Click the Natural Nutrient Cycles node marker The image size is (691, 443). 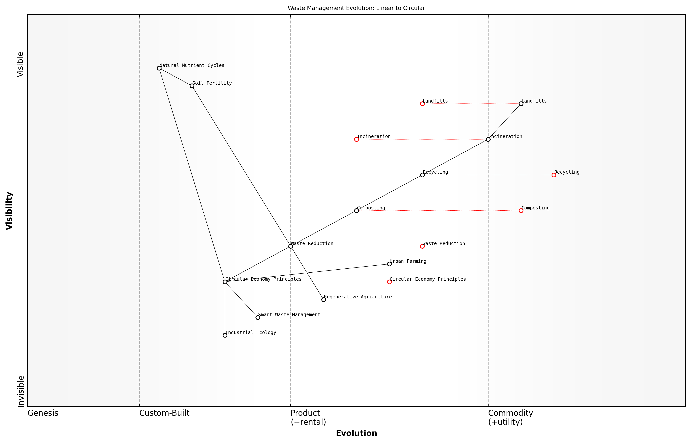point(159,68)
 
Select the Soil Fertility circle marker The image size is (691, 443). point(192,86)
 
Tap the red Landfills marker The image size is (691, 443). point(422,104)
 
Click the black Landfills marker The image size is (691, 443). point(521,104)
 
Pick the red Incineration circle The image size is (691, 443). point(356,139)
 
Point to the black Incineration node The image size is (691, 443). point(488,139)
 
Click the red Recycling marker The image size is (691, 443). point(554,175)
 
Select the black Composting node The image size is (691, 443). point(356,211)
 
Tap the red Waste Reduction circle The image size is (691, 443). point(422,246)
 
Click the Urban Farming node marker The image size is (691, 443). point(389,264)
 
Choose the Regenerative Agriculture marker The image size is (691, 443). point(324,300)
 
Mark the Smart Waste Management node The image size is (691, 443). point(258,318)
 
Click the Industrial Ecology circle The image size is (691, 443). point(225,335)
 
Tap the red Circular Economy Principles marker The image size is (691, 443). point(389,282)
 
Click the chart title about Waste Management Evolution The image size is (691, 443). point(356,8)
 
